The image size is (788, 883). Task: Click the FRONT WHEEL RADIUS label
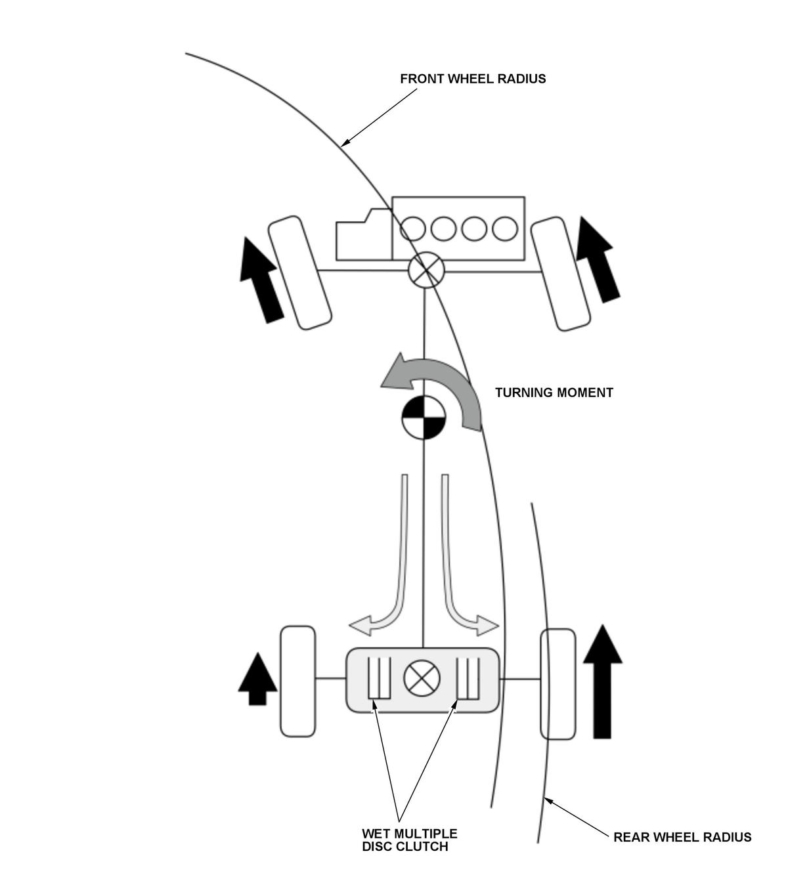point(473,79)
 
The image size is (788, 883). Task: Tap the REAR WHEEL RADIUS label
point(682,837)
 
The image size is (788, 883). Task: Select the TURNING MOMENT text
point(554,393)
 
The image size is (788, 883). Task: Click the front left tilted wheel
point(299,273)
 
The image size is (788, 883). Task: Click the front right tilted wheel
point(560,274)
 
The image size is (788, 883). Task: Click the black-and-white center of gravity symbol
point(424,418)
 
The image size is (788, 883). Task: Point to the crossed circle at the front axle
point(426,270)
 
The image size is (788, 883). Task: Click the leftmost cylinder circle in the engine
point(412,228)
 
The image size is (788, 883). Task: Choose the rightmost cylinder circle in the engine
point(505,228)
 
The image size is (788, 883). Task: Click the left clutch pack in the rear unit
point(379,678)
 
